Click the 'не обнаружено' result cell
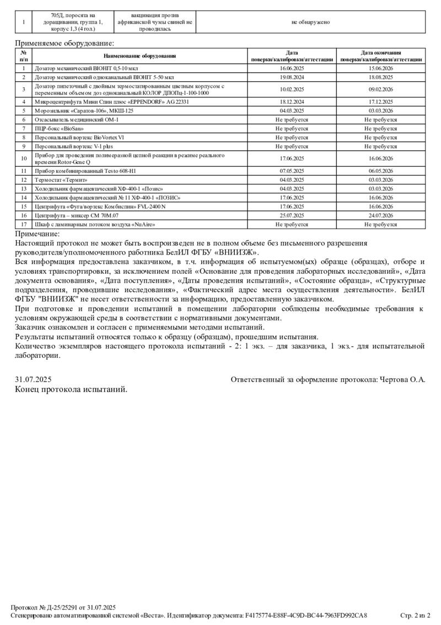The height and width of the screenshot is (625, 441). tap(310, 22)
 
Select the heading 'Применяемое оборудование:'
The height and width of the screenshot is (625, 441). tap(64, 43)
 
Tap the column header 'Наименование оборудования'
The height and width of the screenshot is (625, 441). tap(139, 56)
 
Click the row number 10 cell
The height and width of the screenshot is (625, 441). tap(24, 158)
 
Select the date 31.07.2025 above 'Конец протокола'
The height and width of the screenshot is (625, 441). tap(33, 379)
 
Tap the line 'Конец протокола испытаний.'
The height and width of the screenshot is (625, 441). tap(71, 389)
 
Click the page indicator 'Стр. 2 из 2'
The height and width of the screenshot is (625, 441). tap(415, 615)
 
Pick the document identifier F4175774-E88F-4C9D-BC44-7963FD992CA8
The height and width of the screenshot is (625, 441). tap(306, 615)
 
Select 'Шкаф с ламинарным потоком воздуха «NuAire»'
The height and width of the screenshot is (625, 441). tap(94, 224)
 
